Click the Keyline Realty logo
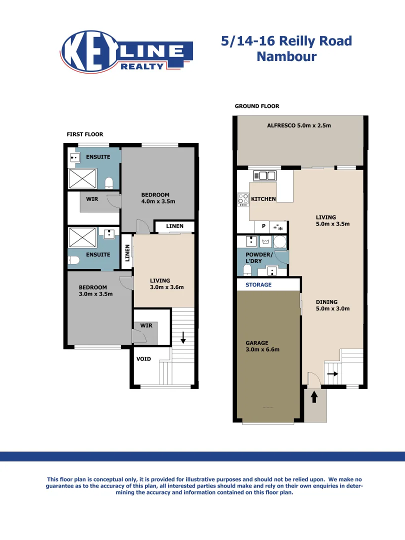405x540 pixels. tap(127, 51)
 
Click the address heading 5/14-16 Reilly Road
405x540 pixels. tap(286, 41)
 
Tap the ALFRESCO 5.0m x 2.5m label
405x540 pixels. tap(299, 125)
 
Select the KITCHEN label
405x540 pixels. tap(263, 199)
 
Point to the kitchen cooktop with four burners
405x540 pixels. tap(243, 199)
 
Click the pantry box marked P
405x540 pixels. tap(263, 226)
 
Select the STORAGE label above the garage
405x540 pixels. tap(258, 284)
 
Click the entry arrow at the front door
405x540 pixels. tap(314, 397)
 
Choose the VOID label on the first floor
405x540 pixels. tap(144, 358)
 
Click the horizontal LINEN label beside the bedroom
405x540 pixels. tap(174, 226)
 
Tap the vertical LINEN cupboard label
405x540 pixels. tap(127, 253)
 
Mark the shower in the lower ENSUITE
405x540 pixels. tap(83, 238)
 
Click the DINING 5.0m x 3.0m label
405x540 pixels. tap(332, 305)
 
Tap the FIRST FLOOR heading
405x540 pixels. tap(85, 134)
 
